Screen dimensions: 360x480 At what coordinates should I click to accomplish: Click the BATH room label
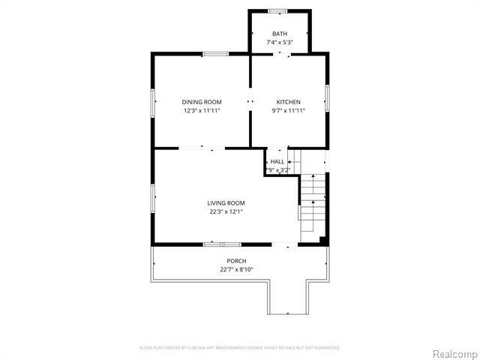click(280, 34)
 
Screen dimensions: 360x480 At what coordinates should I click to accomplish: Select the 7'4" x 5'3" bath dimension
click(280, 43)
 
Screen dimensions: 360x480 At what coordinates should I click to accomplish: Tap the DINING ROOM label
click(202, 102)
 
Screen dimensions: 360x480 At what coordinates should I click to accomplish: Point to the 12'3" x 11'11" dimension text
click(202, 110)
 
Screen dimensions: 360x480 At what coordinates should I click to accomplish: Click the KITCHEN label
click(288, 102)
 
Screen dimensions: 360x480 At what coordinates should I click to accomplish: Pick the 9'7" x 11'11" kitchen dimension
click(288, 110)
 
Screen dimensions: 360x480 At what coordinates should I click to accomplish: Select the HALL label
click(277, 161)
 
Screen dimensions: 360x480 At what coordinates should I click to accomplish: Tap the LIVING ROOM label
click(226, 202)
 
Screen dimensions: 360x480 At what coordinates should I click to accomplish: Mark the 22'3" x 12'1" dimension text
click(226, 211)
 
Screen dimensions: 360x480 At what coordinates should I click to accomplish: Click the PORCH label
click(236, 261)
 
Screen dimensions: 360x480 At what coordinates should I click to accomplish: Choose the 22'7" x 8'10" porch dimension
click(236, 269)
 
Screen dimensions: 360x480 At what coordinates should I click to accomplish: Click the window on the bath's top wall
click(278, 10)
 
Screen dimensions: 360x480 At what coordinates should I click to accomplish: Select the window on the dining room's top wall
click(215, 53)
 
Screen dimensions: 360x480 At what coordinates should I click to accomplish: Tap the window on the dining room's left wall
click(152, 102)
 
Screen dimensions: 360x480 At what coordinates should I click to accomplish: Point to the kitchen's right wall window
click(328, 100)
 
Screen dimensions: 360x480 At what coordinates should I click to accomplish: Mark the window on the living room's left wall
click(152, 197)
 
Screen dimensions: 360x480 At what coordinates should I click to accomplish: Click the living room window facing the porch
click(222, 244)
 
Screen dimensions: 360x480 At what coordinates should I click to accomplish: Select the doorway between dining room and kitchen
click(250, 102)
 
